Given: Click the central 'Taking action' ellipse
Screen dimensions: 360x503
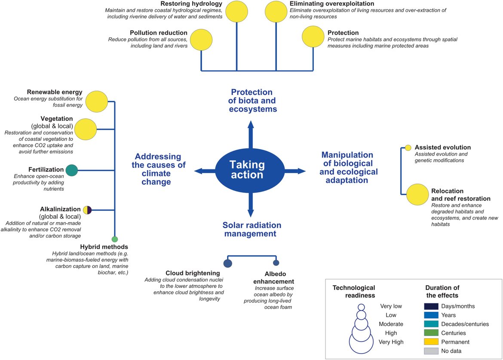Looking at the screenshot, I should [x=247, y=170].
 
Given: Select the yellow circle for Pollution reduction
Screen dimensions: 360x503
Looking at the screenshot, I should [x=202, y=40].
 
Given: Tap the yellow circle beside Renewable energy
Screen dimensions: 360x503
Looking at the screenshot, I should [x=96, y=102].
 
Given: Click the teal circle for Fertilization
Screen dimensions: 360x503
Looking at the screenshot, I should [x=71, y=171].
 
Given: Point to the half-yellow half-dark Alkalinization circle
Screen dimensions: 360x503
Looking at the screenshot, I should [x=87, y=210].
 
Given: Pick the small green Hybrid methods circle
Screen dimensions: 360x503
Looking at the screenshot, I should [x=114, y=239].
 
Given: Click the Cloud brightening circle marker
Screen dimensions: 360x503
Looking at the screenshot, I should [x=228, y=263].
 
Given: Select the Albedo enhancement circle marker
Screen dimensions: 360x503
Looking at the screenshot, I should [x=276, y=262].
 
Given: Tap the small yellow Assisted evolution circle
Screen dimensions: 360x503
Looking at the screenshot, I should [x=408, y=148].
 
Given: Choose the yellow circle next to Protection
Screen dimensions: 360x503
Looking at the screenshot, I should [x=313, y=37].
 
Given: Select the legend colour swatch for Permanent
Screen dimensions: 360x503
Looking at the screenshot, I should [x=431, y=342].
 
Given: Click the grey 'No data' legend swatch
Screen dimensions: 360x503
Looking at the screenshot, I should [x=431, y=351].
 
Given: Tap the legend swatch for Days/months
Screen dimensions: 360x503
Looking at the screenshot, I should [x=431, y=306].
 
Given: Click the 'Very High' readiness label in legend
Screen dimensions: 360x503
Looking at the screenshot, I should [x=391, y=342].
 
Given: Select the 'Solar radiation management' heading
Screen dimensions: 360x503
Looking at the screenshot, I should [x=252, y=229].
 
